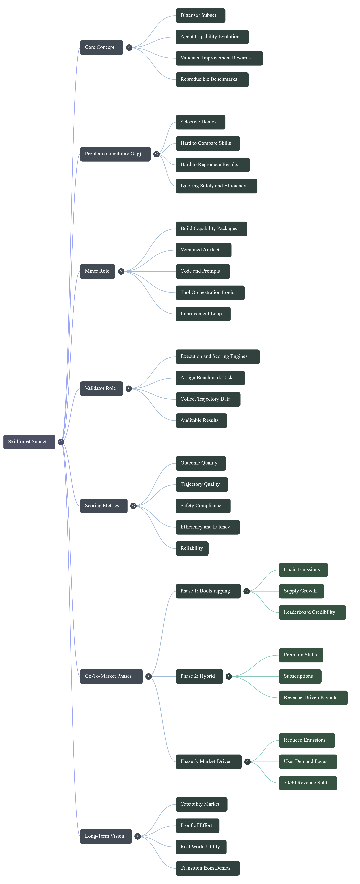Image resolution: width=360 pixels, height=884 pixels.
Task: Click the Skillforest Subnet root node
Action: [x=29, y=442]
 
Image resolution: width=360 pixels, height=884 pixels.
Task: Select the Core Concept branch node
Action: [x=101, y=47]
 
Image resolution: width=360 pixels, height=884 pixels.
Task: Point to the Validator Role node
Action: [x=101, y=388]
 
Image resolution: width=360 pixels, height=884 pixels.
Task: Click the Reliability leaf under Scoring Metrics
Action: [x=192, y=548]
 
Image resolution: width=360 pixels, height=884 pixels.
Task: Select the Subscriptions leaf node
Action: [x=300, y=676]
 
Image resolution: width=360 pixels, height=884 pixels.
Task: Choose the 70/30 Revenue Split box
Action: [x=308, y=783]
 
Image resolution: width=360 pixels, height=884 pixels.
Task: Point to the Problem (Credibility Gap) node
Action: [x=115, y=154]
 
